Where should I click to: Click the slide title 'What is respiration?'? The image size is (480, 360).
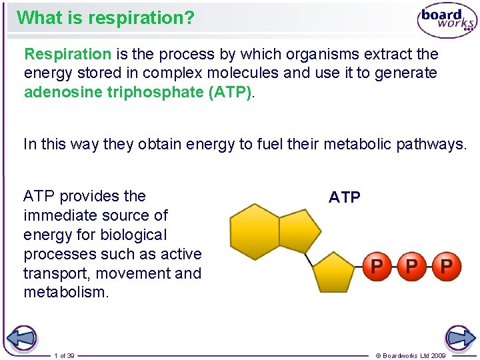pos(105,17)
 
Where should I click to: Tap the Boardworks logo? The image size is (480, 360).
pos(447,21)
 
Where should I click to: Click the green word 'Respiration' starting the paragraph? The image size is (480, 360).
pos(67,53)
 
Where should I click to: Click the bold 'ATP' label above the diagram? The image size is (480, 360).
pos(345,197)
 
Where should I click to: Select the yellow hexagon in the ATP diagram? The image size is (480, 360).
pos(254,231)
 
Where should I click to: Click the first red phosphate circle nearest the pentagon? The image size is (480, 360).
pos(377,267)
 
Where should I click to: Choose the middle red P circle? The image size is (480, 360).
pos(412,267)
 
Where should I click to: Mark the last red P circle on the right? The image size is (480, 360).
pos(447,267)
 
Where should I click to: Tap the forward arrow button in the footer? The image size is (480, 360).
pos(459,339)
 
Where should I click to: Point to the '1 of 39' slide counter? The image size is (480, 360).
pos(65,356)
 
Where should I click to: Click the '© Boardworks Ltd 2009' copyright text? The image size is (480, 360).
pos(411,356)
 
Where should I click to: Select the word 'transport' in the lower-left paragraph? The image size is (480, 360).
pos(52,273)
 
